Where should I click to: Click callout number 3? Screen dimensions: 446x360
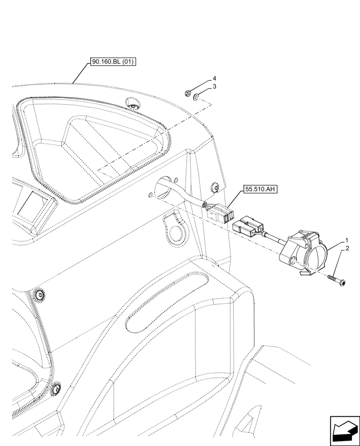214,86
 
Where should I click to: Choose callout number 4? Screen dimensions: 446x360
214,78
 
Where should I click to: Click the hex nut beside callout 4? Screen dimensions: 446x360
188,93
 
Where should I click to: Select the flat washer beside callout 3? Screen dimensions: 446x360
196,96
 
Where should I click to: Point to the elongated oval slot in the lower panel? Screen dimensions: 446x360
167,302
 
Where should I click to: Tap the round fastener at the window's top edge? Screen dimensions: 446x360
133,106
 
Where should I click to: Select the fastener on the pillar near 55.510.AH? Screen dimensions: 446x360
215,189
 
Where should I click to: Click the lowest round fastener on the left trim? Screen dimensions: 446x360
56,388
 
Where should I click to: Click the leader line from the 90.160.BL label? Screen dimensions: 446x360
80,74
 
